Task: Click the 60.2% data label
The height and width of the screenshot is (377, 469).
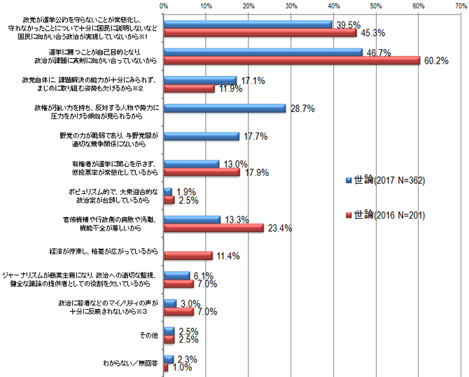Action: tap(434, 60)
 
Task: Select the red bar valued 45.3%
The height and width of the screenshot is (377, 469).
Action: tap(260, 32)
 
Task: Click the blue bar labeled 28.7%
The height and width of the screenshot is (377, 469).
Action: tap(225, 109)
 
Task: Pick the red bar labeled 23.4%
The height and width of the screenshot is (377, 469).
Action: tap(213, 228)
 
